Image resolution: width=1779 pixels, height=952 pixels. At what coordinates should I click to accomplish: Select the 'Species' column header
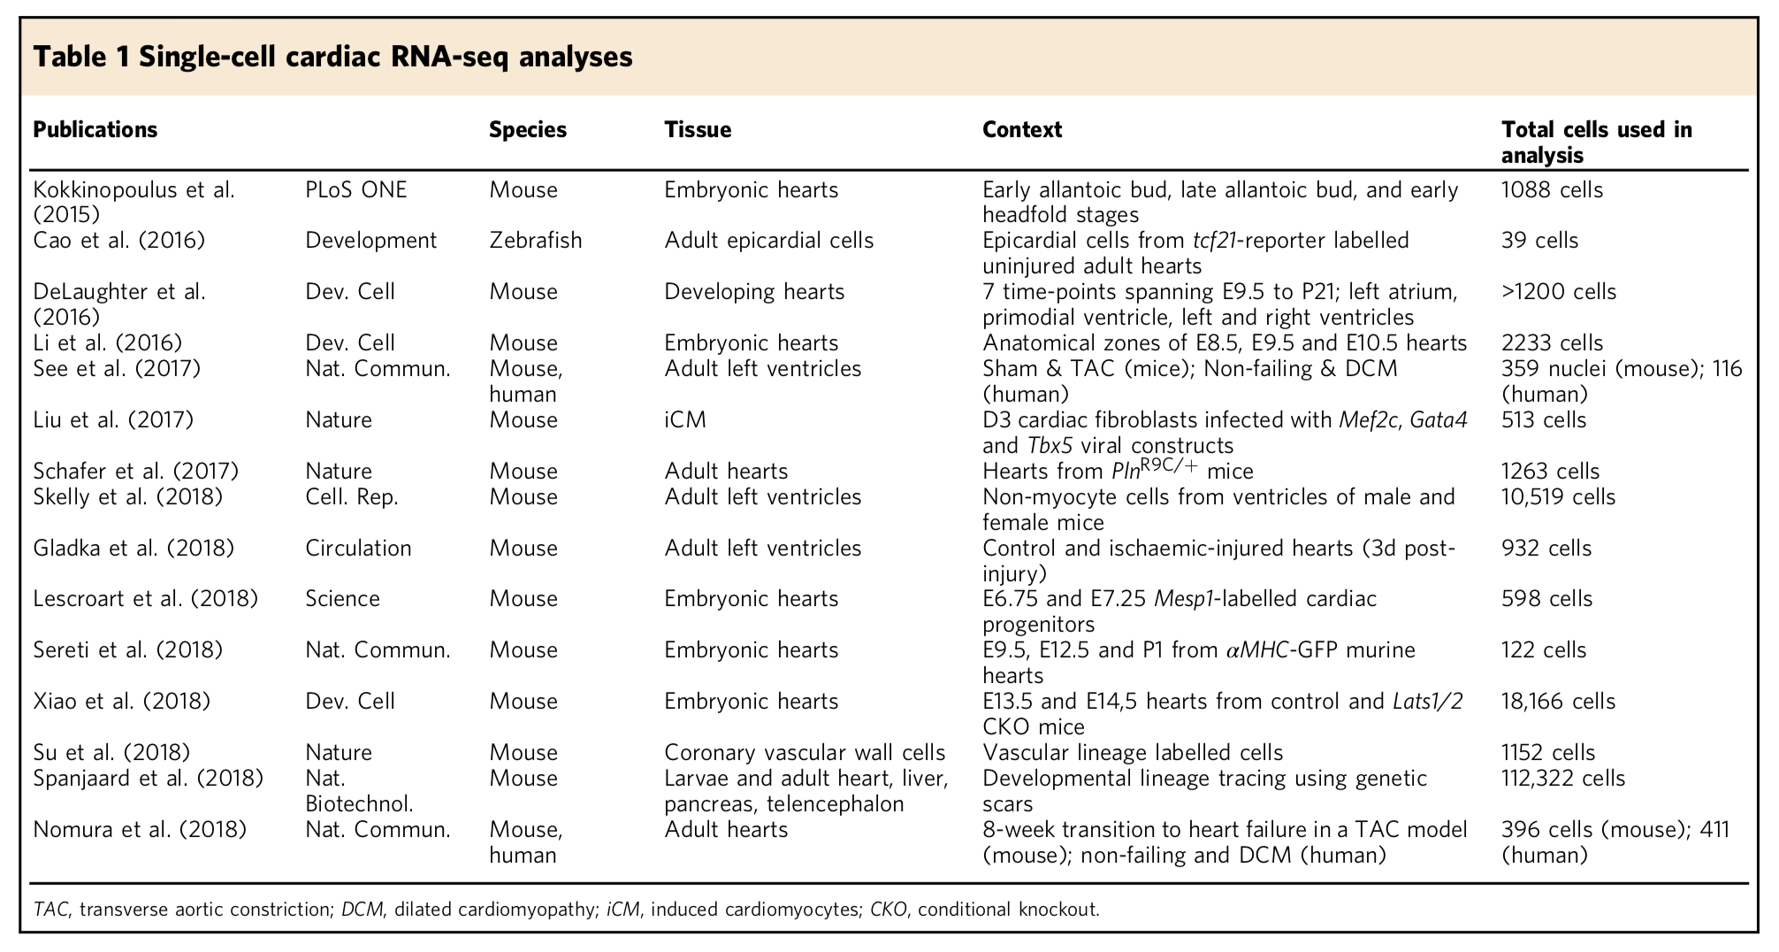528,130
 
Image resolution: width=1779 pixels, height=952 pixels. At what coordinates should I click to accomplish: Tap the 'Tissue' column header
698,130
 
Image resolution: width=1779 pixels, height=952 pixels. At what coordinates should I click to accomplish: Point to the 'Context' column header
1021,130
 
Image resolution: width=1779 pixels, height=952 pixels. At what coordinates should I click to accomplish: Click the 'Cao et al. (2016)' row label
118,241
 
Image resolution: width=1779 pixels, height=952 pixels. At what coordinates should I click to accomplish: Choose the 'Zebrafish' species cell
535,241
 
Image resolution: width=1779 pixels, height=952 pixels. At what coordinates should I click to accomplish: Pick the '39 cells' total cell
1539,241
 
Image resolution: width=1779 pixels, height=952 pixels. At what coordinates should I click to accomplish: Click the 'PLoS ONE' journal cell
355,190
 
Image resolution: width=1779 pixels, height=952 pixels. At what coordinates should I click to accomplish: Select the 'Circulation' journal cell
358,549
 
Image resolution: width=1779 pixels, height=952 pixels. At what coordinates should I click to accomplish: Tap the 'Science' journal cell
342,599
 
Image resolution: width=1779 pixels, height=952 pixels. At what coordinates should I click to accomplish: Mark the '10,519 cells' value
1558,497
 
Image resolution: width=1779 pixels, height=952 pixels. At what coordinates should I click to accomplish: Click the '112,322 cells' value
1562,779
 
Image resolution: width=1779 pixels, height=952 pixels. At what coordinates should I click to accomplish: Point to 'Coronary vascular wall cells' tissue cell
805,753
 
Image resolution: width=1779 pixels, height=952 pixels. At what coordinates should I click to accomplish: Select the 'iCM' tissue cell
685,420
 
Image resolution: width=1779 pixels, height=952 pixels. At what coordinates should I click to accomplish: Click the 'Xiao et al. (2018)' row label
121,702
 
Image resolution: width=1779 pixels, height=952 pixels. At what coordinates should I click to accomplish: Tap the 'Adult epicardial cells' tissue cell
768,241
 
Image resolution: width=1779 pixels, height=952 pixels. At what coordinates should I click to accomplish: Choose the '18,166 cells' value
1558,702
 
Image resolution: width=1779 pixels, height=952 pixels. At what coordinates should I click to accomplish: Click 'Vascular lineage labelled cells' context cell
1132,753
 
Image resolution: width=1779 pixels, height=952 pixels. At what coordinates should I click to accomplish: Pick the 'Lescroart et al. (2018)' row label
145,599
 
